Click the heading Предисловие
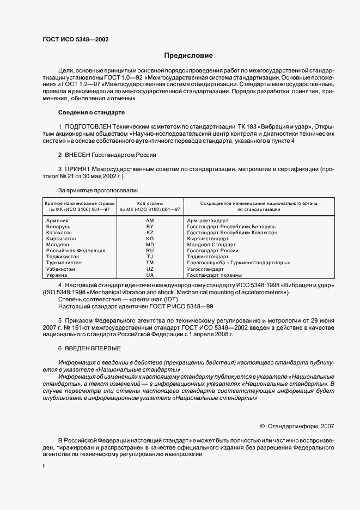coord(189,56)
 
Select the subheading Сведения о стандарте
coord(91,113)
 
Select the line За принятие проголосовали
coord(98,190)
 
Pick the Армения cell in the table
coord(58,220)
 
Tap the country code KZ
coord(150,233)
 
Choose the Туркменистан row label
coord(64,263)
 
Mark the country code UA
coord(150,275)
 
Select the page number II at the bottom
coord(44,466)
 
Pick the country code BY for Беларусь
coord(150,226)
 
